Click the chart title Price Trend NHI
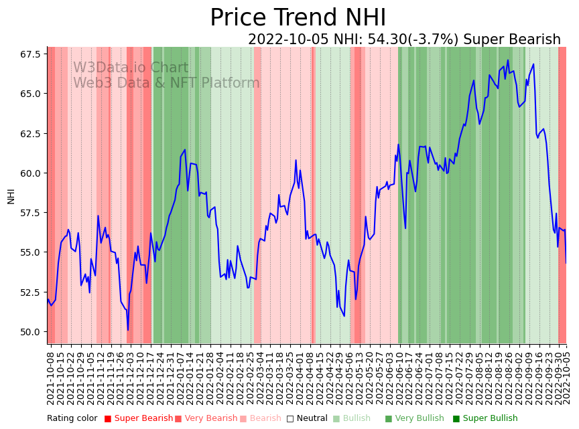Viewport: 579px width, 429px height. point(298,18)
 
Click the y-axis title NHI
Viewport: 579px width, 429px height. point(11,195)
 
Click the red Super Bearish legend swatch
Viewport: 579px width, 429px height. point(108,419)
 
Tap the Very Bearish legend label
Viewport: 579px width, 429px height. point(210,419)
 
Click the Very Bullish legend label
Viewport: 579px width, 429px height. point(419,419)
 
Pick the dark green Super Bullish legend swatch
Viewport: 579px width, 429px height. point(456,419)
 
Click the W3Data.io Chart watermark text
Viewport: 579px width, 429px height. point(131,68)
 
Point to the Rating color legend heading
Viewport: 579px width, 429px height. point(72,419)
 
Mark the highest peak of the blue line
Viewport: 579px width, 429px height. point(508,60)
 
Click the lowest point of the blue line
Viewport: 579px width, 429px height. point(128,330)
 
